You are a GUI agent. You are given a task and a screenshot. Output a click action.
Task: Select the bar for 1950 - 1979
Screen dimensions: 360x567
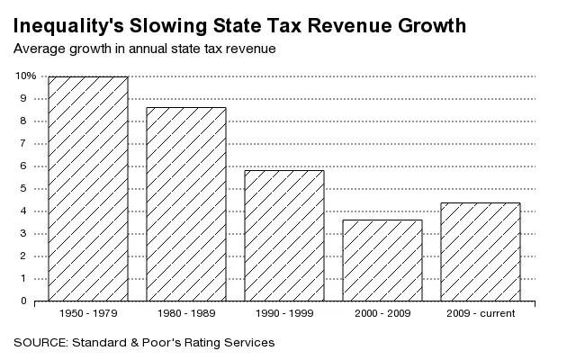88,189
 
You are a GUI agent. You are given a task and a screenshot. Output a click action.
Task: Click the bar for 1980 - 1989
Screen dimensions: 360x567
186,204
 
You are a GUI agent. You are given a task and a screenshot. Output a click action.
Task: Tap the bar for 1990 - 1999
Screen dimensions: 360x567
284,236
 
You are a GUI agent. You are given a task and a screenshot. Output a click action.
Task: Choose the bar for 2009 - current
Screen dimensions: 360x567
481,252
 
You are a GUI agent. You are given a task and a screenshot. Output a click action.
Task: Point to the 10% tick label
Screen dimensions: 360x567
25,76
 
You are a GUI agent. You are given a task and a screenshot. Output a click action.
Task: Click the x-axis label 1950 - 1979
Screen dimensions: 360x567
88,313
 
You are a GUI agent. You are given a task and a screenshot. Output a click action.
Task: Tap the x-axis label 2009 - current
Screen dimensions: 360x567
481,313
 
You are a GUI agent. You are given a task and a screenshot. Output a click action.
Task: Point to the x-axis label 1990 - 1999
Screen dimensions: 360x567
284,313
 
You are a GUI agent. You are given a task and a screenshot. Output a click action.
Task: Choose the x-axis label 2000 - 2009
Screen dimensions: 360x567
382,313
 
